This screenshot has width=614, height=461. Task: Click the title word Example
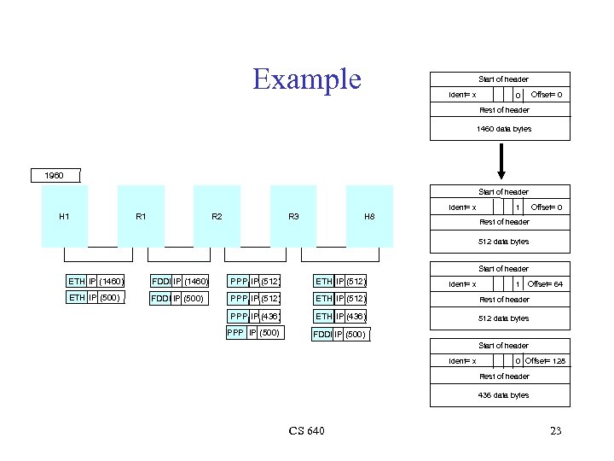[307, 79]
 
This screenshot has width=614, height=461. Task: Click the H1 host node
[65, 216]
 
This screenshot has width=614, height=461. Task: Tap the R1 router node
[141, 216]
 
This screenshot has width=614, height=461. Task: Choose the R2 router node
[217, 216]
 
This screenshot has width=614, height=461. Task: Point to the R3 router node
[293, 216]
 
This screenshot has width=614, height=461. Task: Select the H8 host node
[369, 216]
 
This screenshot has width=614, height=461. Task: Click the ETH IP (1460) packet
[96, 281]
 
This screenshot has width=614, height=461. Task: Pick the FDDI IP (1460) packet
[180, 281]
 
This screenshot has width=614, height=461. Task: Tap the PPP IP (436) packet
[255, 316]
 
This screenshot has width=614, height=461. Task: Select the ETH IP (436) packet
[341, 316]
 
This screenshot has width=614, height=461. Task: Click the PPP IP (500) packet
[253, 333]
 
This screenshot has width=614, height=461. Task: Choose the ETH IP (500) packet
[95, 298]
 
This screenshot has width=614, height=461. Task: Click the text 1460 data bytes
[503, 129]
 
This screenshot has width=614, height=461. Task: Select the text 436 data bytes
[503, 395]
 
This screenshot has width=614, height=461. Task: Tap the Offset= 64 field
[545, 284]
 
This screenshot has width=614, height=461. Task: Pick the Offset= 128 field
[546, 361]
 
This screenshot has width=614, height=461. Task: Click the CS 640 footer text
[306, 431]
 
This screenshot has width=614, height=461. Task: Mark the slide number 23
[555, 431]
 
